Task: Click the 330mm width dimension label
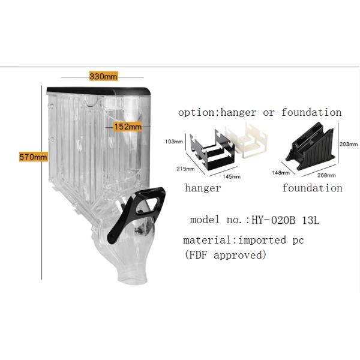click(103, 77)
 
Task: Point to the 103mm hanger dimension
click(173, 142)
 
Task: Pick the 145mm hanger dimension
click(232, 176)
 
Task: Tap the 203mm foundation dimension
click(349, 145)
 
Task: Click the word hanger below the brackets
click(203, 188)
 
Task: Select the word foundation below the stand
click(312, 188)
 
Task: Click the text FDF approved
click(224, 255)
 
